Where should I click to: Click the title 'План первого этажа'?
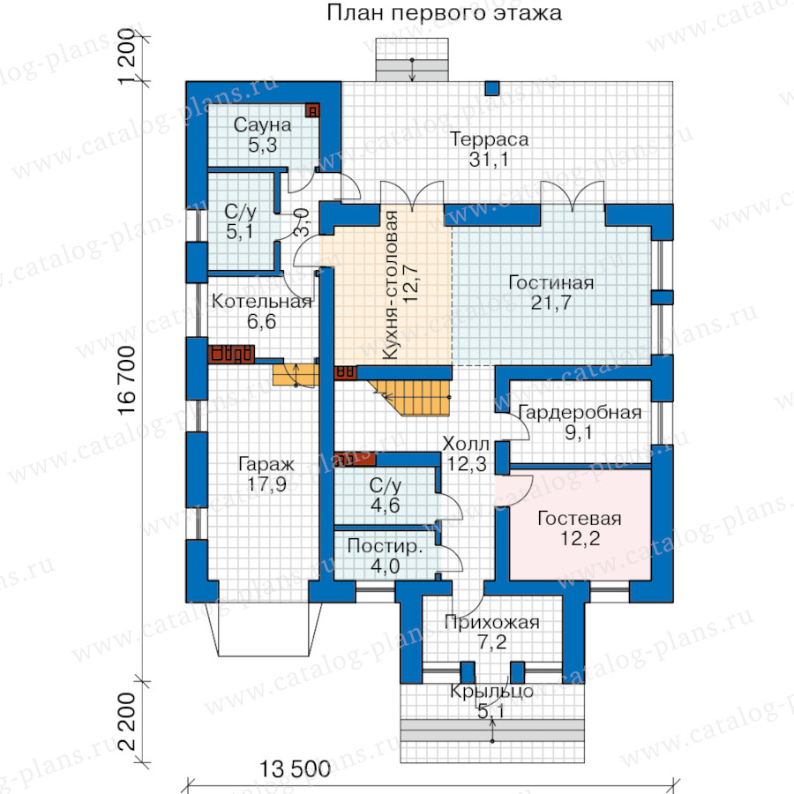tap(444, 12)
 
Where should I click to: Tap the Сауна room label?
tap(262, 124)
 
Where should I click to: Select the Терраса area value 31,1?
tap(489, 160)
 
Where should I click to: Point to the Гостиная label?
tap(551, 282)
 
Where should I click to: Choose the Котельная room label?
tap(262, 302)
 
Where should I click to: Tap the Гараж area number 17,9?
tap(266, 484)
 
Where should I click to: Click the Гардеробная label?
tap(580, 413)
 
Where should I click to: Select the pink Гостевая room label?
tap(580, 518)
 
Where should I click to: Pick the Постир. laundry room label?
tap(385, 546)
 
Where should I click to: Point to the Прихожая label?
tap(491, 622)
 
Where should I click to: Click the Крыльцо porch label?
tap(491, 691)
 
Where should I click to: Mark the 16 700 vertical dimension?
tap(126, 381)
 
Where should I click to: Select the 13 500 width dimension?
tap(296, 769)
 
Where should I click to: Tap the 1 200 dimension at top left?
tap(126, 56)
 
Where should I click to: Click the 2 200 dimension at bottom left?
tap(126, 721)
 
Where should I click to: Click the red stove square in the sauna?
tap(312, 110)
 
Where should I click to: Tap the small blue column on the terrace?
tap(492, 88)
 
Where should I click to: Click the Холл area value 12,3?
tap(467, 464)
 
